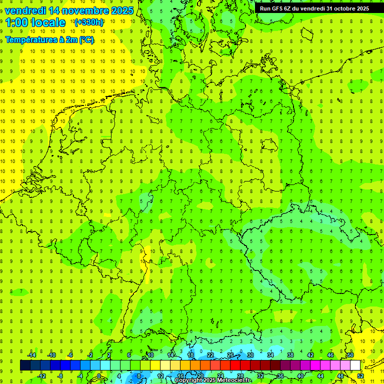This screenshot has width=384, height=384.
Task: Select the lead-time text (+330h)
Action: [x=89, y=22]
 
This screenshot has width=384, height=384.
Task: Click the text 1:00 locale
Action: [x=35, y=23]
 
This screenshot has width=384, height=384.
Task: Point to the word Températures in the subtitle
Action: [x=29, y=39]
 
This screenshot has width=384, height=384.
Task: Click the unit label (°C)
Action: [x=86, y=39]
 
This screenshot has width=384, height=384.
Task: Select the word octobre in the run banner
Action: [x=340, y=8]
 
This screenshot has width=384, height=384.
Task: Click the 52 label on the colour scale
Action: [x=360, y=375]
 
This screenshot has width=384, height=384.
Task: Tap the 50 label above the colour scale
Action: [x=350, y=355]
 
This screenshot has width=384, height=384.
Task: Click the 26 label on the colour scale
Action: [x=230, y=355]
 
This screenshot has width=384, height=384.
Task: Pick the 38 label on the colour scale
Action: [x=290, y=355]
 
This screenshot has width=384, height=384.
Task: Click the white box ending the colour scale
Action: [x=355, y=365]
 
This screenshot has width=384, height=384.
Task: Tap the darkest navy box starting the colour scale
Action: [x=25, y=365]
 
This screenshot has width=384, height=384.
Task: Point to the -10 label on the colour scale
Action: [x=51, y=355]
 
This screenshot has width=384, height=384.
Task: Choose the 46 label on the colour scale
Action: [x=330, y=355]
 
